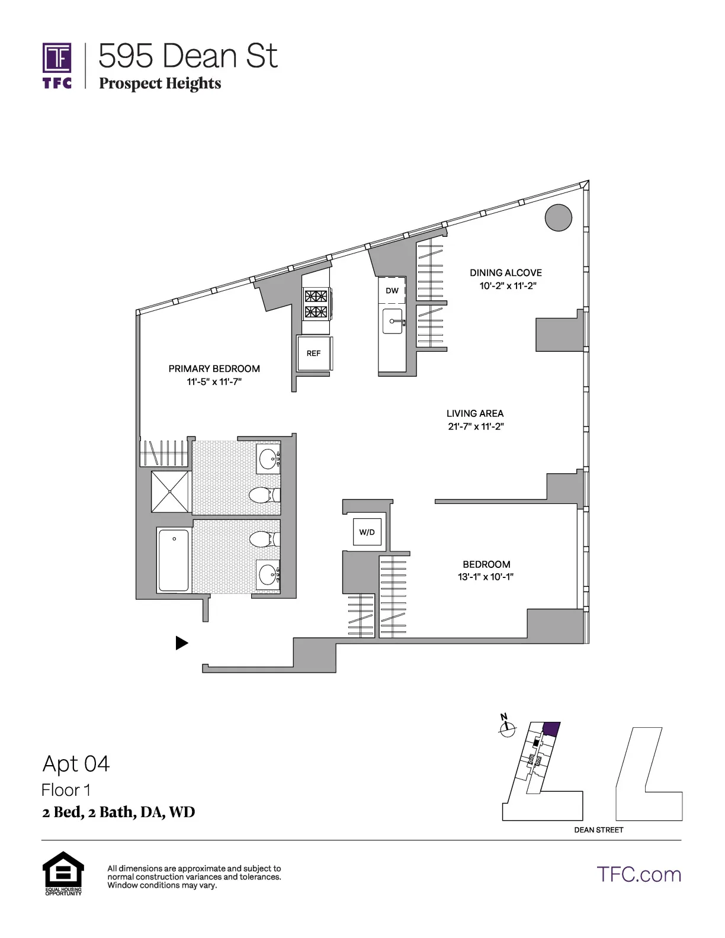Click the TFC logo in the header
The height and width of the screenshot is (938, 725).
(57, 65)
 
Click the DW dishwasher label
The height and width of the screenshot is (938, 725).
(392, 290)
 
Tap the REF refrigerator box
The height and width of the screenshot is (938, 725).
(313, 353)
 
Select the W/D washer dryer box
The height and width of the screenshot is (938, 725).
(367, 532)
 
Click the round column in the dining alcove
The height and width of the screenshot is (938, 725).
(558, 217)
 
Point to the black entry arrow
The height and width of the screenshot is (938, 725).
(182, 643)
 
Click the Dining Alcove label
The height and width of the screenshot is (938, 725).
(506, 272)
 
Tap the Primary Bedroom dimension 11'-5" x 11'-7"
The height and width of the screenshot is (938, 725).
(214, 382)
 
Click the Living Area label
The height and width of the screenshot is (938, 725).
(475, 413)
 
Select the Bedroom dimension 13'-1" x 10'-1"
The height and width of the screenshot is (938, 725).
(486, 577)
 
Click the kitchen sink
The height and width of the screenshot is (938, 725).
(392, 322)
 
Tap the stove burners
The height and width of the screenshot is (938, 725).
(316, 304)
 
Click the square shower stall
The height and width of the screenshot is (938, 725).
(170, 492)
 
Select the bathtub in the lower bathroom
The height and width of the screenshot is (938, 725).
(174, 560)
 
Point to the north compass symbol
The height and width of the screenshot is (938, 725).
(506, 728)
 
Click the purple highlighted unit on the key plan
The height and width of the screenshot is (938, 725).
(551, 728)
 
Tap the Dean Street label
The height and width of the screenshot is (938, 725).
(598, 830)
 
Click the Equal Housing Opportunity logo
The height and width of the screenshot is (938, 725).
(63, 872)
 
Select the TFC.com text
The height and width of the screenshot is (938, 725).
(639, 874)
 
